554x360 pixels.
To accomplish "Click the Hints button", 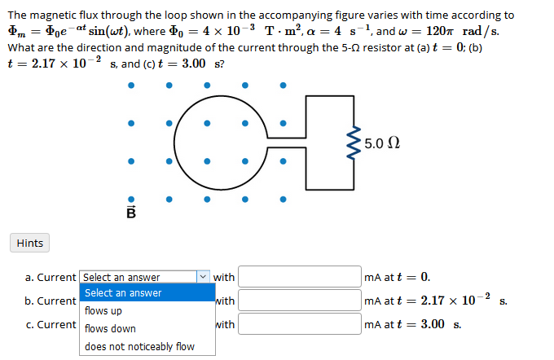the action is pos(29,243).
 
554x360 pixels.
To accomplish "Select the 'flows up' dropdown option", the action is pos(103,310).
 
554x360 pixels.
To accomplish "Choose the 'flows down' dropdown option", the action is pos(110,328).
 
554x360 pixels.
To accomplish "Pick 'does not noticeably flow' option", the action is pos(139,346).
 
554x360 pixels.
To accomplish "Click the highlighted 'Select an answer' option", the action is pos(123,292).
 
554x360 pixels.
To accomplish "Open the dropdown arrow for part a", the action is pos(203,277).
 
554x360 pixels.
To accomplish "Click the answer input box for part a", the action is pos(299,277).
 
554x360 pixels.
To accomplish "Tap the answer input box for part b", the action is pos(299,301).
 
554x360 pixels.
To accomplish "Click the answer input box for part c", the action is pos(299,324).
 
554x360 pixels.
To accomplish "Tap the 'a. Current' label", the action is pos(51,277).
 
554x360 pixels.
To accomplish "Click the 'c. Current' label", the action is pos(51,324).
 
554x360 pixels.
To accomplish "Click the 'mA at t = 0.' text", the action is pos(398,277).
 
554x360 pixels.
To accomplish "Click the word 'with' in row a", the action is pos(224,277).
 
